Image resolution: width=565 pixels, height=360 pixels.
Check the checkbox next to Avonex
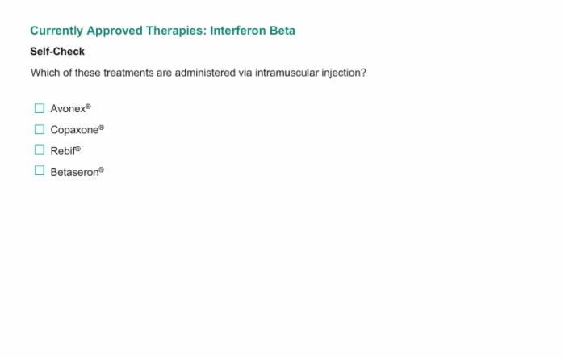[x=40, y=108]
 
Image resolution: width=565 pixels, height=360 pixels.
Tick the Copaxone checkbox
[x=40, y=129]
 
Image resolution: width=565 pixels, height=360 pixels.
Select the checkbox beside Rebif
[x=40, y=150]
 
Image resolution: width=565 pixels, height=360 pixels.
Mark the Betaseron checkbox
[x=40, y=170]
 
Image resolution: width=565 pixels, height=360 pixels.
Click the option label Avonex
[x=71, y=108]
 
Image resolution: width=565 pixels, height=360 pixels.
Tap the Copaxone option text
[x=77, y=130]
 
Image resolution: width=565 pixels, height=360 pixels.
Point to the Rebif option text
[x=65, y=151]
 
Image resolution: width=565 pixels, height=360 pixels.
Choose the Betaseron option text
[x=77, y=172]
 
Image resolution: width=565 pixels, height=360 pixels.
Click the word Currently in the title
[x=56, y=31]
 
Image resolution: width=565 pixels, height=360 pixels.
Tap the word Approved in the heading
[x=115, y=31]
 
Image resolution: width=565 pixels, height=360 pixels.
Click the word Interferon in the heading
[x=238, y=31]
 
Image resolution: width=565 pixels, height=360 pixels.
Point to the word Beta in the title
[x=282, y=31]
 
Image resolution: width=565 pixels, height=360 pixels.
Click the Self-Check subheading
[x=57, y=52]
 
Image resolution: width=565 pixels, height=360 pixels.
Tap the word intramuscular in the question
[x=287, y=73]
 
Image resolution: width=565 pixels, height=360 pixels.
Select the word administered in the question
[x=205, y=73]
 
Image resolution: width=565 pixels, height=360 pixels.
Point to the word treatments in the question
[x=128, y=73]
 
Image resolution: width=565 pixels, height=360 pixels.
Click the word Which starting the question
[x=45, y=73]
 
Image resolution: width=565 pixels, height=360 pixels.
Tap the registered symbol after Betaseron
[x=101, y=170]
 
